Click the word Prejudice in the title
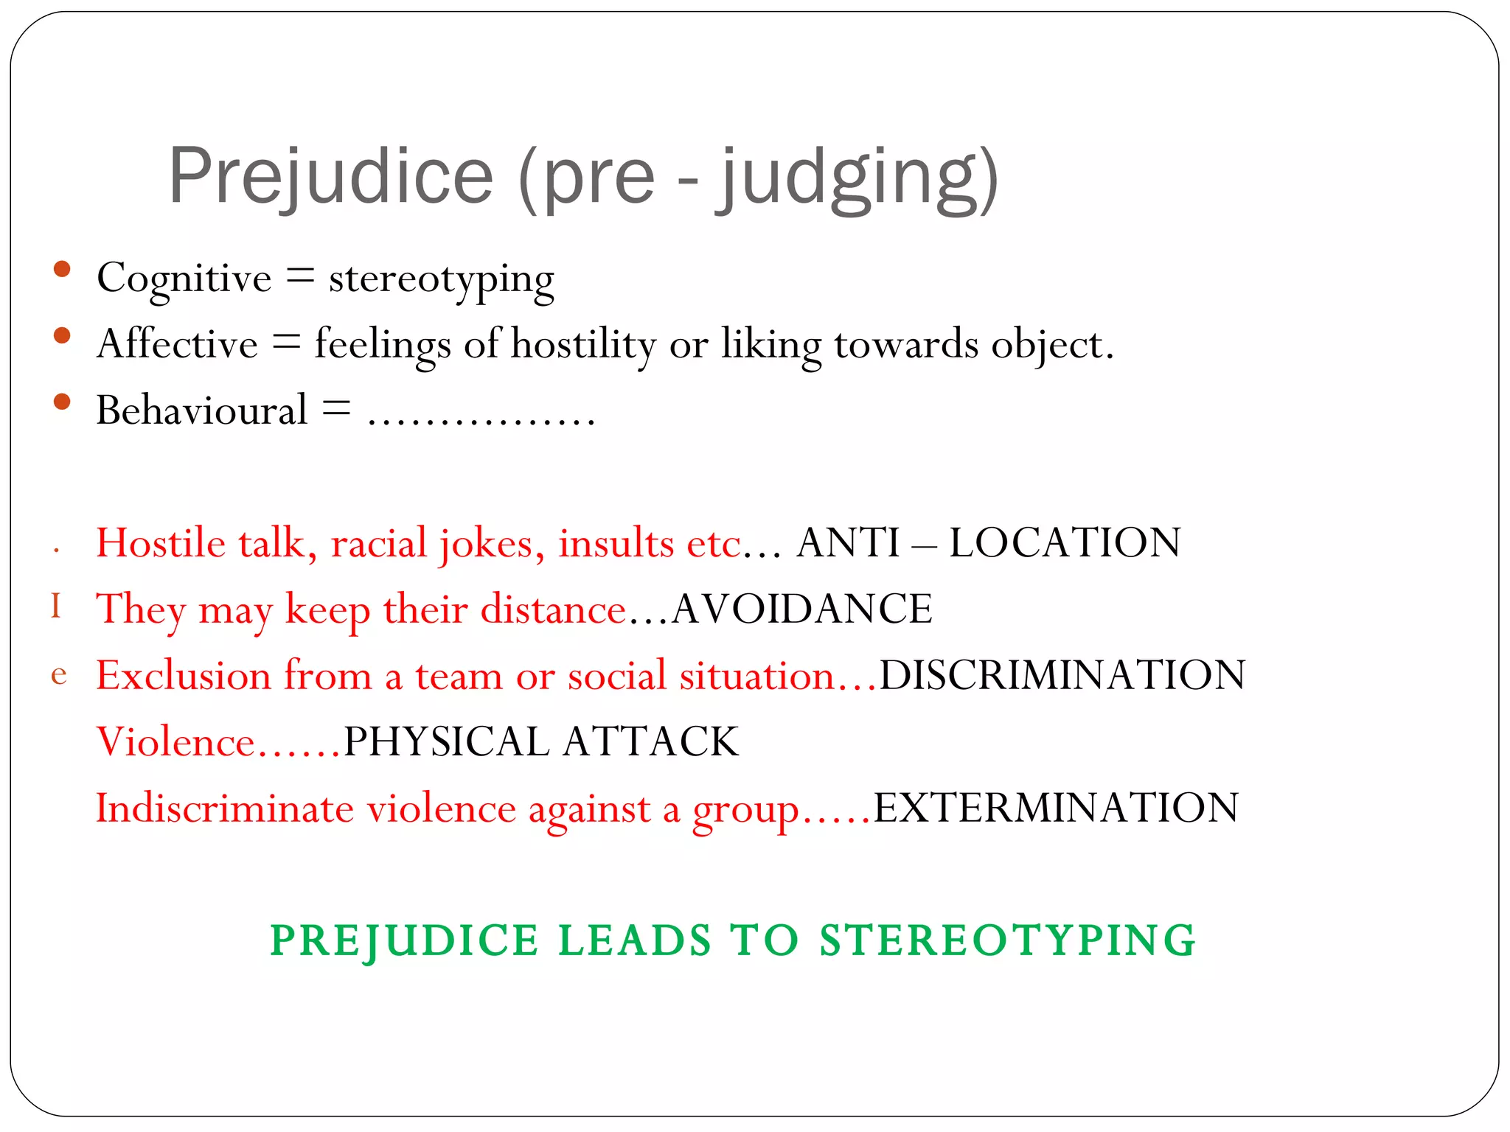point(330,177)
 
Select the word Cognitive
point(184,279)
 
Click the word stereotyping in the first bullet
point(441,280)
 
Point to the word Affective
point(178,344)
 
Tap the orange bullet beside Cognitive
point(62,269)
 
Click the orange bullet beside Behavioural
point(62,402)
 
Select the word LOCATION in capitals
point(1065,543)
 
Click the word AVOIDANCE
point(802,609)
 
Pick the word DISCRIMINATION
point(1062,675)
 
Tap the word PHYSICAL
point(447,741)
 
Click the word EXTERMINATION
point(1056,808)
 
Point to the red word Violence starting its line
point(175,741)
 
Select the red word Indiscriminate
point(225,808)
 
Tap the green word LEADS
point(635,940)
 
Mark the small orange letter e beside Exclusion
point(59,674)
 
